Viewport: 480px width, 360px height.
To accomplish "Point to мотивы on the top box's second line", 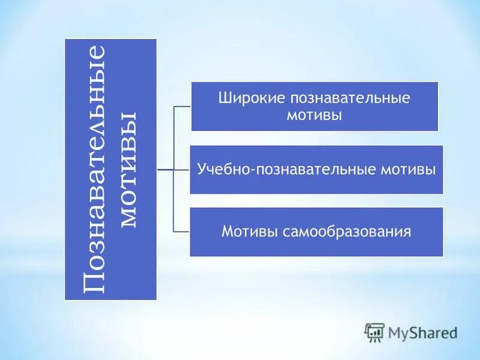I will pos(315,115).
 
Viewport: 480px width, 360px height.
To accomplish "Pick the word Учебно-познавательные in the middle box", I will pos(287,170).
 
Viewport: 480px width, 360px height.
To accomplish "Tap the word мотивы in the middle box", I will pos(408,169).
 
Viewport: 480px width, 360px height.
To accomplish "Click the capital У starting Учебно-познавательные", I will pos(202,169).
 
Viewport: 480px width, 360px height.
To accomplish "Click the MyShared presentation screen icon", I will pos(374,332).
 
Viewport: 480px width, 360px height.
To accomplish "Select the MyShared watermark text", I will pos(422,332).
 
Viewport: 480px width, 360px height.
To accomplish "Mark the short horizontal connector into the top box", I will pos(182,107).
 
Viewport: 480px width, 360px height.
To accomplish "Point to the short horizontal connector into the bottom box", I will pos(182,232).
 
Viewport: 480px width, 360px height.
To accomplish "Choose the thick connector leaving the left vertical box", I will pos(164,170).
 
